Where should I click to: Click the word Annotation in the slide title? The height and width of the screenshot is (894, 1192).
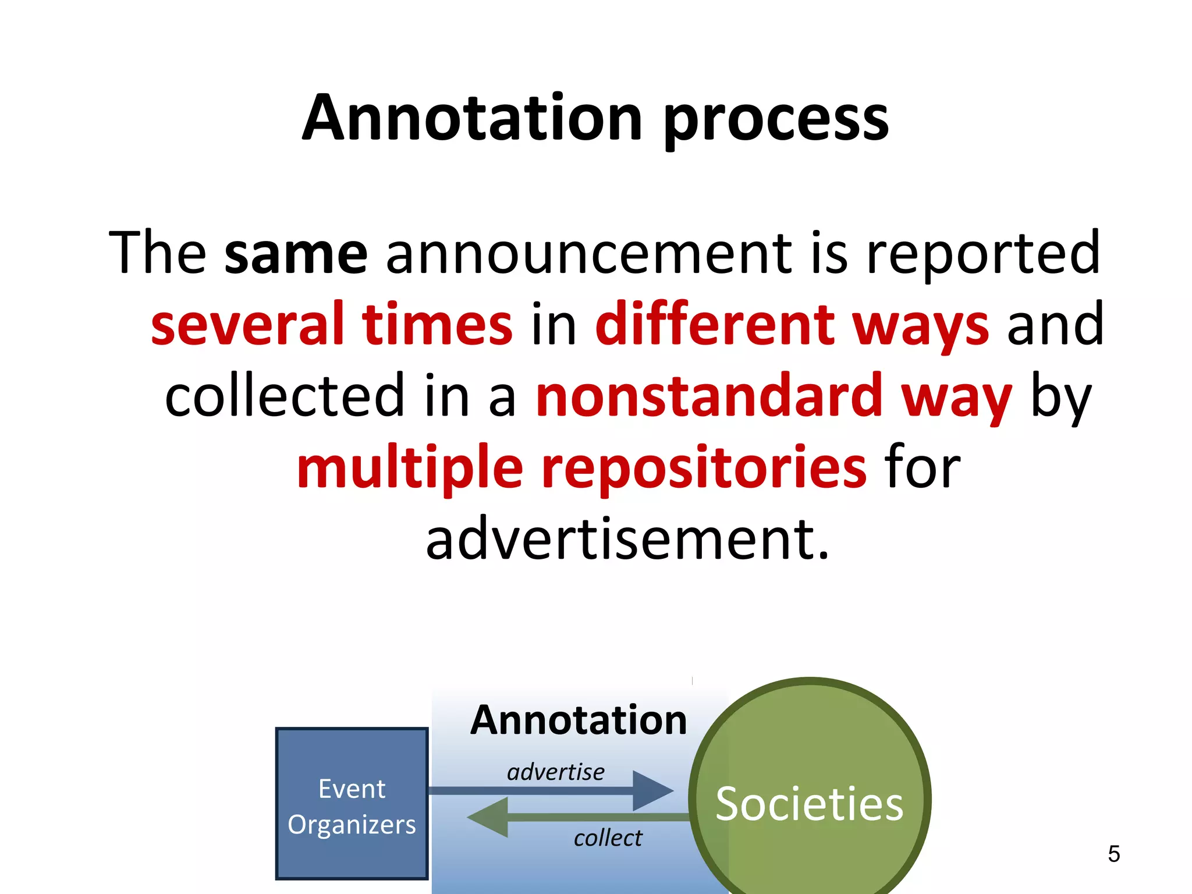tap(471, 119)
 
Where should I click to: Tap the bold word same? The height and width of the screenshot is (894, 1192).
tap(296, 254)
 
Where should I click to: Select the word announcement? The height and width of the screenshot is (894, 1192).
tap(588, 254)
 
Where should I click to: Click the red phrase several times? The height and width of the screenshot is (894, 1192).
tap(332, 325)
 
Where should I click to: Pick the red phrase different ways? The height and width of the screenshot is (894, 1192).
tap(792, 325)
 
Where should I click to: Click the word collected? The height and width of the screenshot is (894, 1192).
tap(285, 396)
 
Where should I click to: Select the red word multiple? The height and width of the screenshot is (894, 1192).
tap(410, 469)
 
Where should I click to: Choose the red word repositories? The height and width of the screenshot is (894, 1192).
tap(704, 469)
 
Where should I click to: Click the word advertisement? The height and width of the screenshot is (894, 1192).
tap(627, 540)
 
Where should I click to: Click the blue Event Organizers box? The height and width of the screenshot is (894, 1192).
tap(352, 804)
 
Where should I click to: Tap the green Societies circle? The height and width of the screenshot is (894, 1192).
tap(810, 804)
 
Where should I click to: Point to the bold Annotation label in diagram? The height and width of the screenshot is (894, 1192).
tap(579, 721)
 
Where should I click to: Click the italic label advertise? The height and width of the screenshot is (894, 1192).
tap(555, 772)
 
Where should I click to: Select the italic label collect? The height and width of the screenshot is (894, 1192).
tap(608, 838)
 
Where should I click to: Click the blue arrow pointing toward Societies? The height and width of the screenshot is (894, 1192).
tap(553, 791)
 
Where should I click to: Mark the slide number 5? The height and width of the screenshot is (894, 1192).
tap(1113, 854)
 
